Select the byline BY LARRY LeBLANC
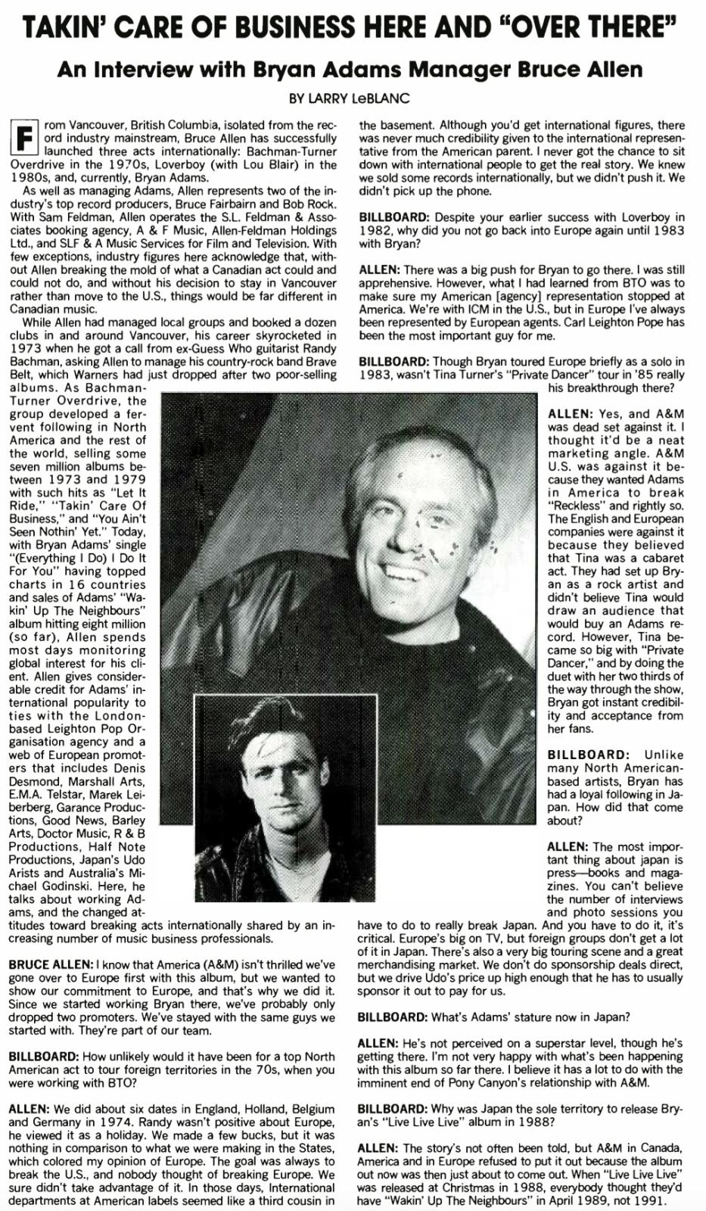click(x=352, y=98)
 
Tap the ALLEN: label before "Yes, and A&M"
click(x=571, y=414)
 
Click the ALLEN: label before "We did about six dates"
click(x=29, y=1108)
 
